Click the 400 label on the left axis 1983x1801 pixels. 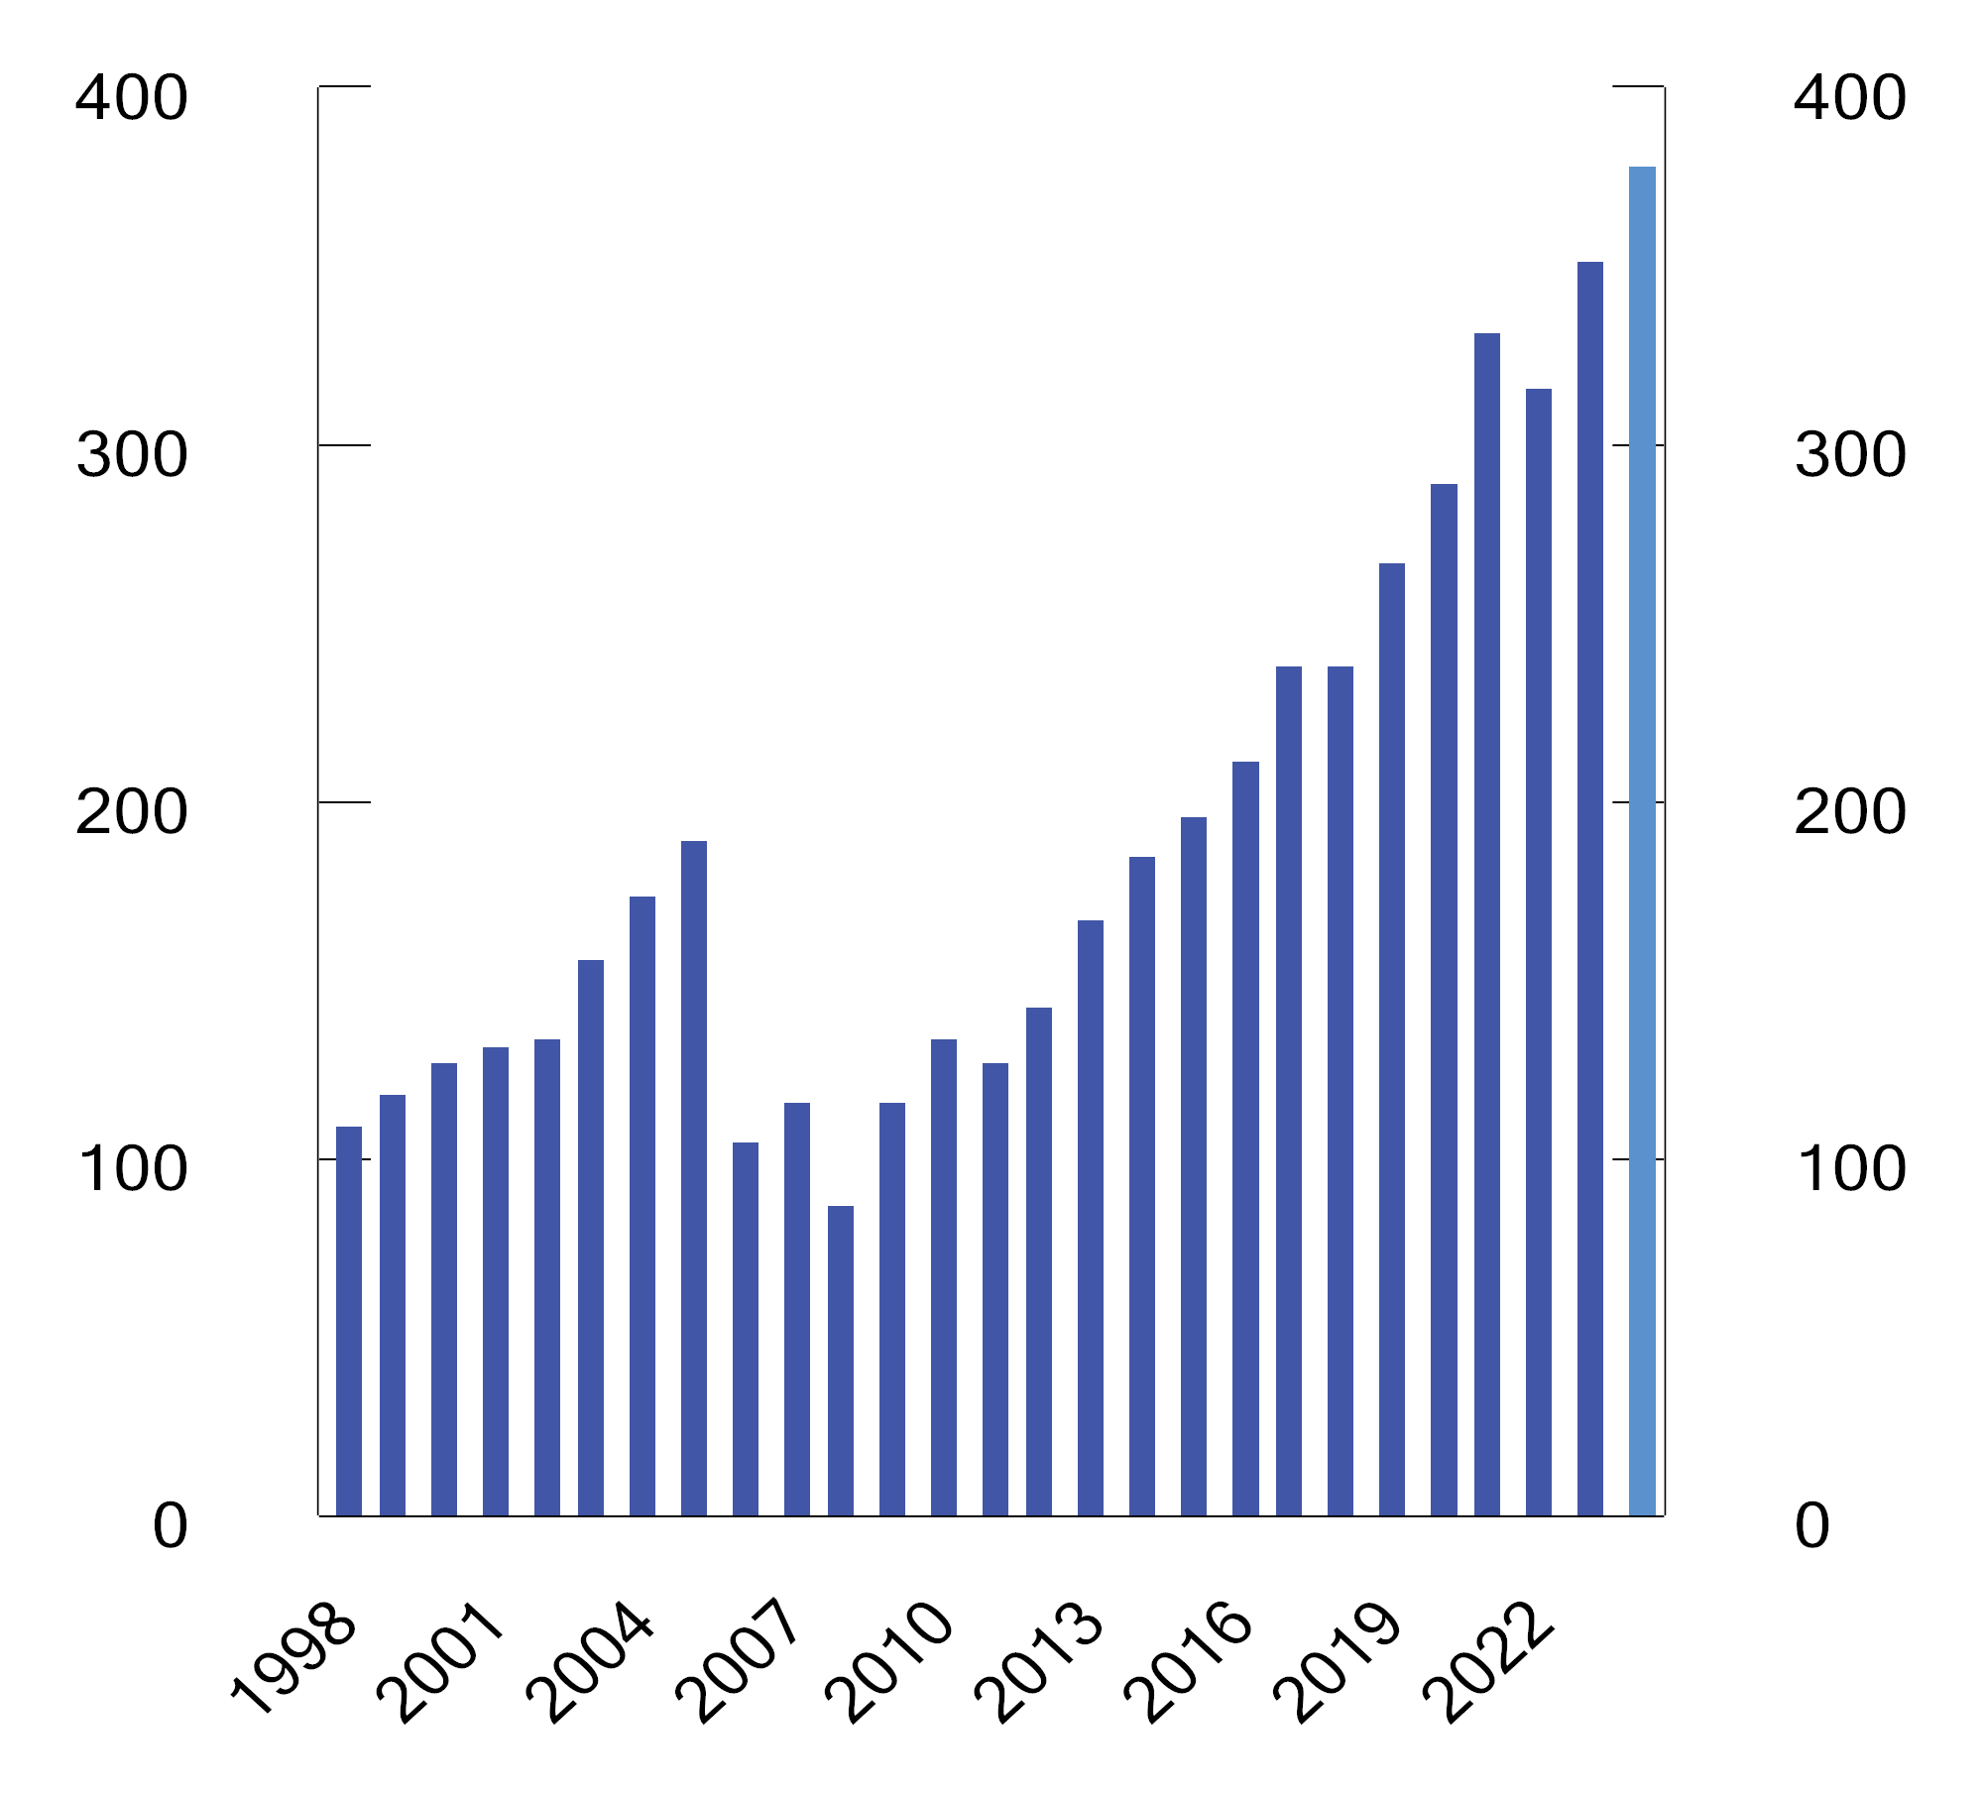click(x=131, y=98)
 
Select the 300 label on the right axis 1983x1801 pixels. click(x=1850, y=455)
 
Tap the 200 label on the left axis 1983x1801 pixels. click(x=131, y=812)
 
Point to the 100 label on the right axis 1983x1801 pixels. click(x=1850, y=1169)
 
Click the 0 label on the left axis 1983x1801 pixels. click(x=170, y=1526)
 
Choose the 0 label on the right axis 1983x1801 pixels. click(x=1812, y=1526)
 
